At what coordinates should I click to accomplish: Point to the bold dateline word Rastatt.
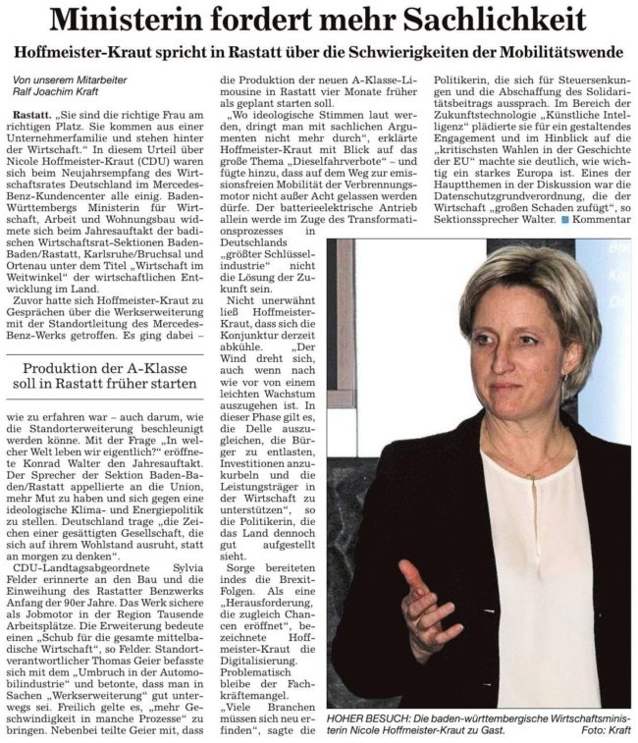coord(33,116)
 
